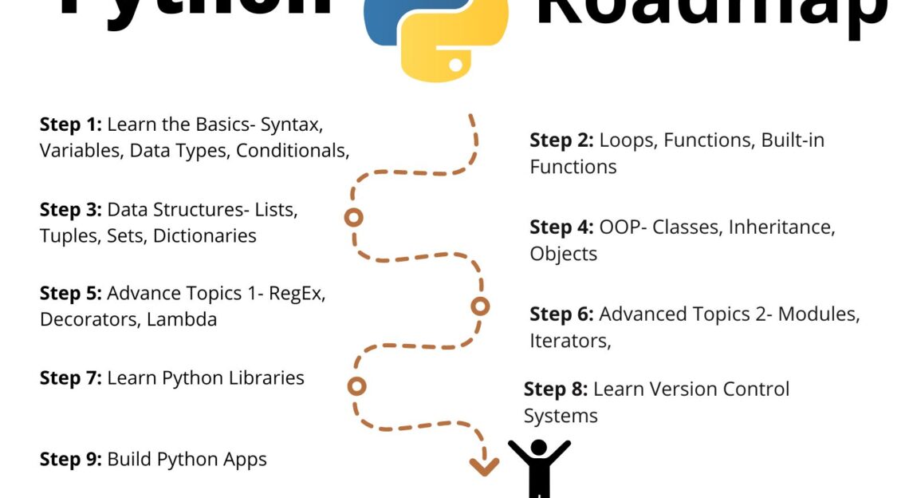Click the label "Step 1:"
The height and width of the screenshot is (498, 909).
pos(70,125)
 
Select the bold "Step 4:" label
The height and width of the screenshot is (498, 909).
pos(561,227)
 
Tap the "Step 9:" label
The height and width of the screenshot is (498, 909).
pos(70,460)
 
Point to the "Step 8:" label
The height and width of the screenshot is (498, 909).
pos(555,389)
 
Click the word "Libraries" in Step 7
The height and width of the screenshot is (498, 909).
pos(265,377)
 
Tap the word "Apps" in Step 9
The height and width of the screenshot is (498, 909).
pos(246,460)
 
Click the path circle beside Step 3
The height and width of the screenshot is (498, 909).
pos(353,217)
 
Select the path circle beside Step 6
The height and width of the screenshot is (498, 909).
pos(480,306)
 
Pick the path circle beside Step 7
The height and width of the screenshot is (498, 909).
pos(357,386)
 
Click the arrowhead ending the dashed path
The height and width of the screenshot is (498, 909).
pos(483,466)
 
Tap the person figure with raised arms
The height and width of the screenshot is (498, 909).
pos(539,467)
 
